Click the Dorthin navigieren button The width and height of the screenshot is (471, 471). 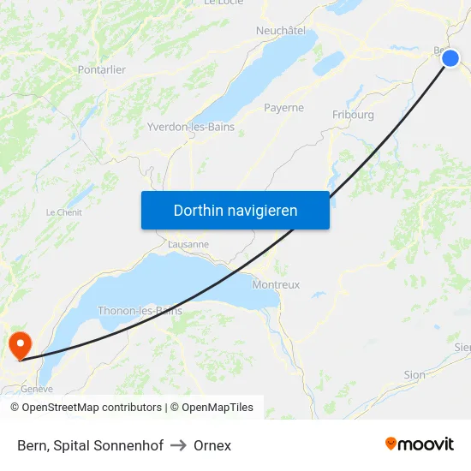pos(235,211)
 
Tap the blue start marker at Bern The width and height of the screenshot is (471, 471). pos(450,58)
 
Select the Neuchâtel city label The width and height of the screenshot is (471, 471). pos(281,30)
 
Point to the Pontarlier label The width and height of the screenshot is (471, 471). pos(102,69)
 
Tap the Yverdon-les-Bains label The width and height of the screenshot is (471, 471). pos(191,127)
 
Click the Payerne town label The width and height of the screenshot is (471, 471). pos(283,108)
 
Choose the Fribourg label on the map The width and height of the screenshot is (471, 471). pos(353,114)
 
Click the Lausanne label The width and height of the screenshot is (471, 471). pos(188,244)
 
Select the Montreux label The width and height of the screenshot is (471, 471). pos(277,284)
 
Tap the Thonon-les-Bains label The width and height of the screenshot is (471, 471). pos(140,311)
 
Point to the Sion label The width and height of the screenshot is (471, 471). pos(414,375)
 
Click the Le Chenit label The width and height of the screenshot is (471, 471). pos(63,212)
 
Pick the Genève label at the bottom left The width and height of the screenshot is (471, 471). pos(37,389)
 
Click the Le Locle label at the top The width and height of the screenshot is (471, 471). pos(224,3)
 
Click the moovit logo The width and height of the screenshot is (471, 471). pos(419,444)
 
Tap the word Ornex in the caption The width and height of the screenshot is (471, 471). pos(212,445)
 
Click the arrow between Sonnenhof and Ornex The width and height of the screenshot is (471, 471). pos(179,445)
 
